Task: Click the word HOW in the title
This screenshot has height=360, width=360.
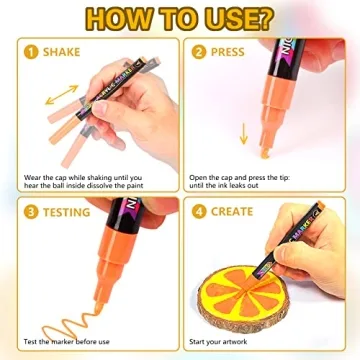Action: tap(97, 20)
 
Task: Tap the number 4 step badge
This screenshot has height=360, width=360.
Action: tap(201, 212)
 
